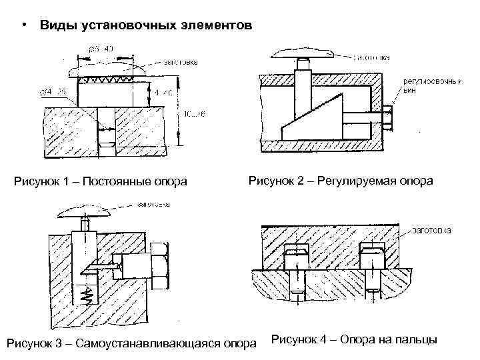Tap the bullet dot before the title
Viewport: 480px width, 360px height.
point(23,25)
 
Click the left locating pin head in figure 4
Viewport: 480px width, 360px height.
point(296,255)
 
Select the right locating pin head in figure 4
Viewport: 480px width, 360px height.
point(371,254)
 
